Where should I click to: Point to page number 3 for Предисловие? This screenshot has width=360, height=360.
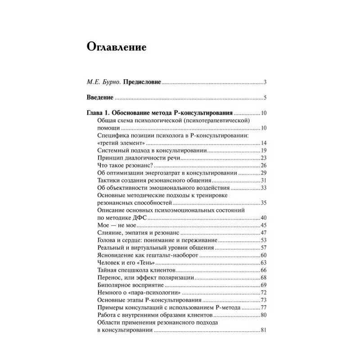(x=266, y=82)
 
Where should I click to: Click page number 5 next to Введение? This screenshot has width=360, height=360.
(x=266, y=98)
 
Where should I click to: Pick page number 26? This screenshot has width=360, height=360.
(x=264, y=165)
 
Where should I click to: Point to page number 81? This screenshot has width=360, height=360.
(x=264, y=331)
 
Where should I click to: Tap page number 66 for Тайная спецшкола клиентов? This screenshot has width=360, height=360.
(x=264, y=270)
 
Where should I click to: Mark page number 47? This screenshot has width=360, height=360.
(x=264, y=233)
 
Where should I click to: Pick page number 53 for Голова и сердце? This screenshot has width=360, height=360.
(x=264, y=240)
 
